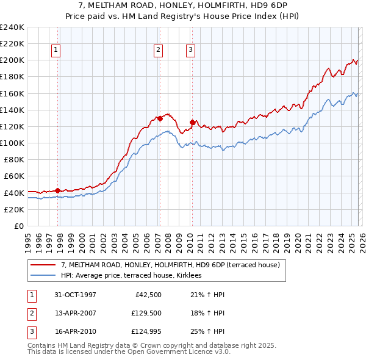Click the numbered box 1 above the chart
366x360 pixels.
point(56,50)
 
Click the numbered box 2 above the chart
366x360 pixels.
point(158,50)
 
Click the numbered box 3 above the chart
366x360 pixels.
point(190,50)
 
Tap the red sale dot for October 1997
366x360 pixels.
point(58,190)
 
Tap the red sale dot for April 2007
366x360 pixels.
point(159,118)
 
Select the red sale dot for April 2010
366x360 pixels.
point(192,122)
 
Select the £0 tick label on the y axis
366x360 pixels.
point(19,226)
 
